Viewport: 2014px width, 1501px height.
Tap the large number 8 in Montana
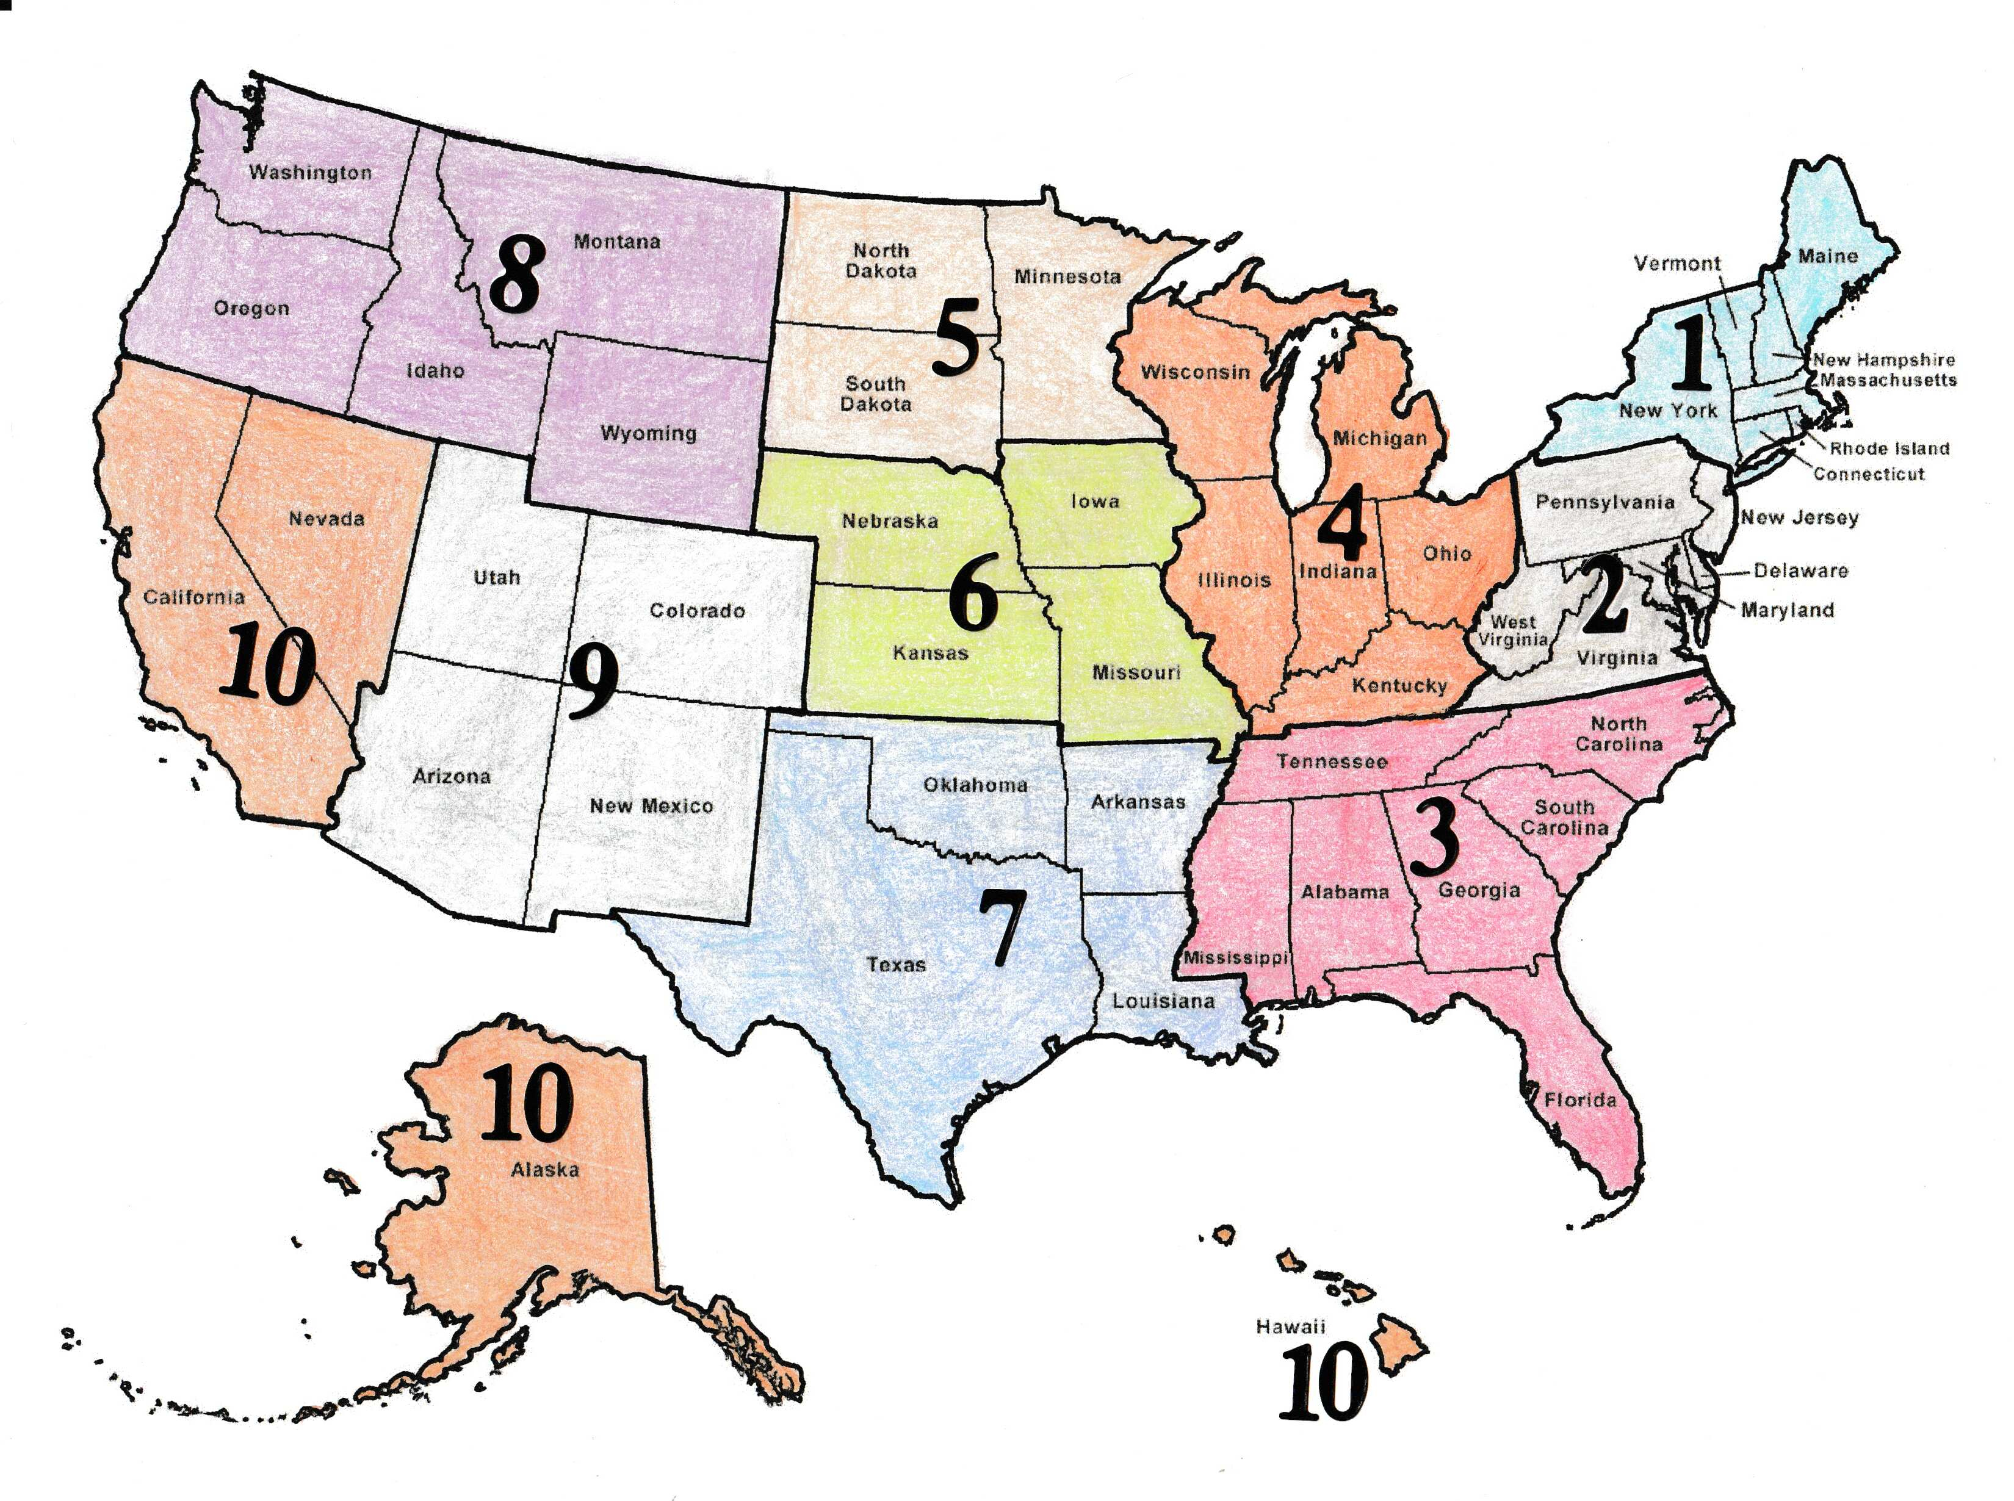click(x=515, y=273)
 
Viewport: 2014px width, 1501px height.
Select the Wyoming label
click(x=648, y=433)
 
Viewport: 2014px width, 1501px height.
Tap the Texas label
click(x=896, y=964)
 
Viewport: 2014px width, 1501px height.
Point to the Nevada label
click(x=327, y=519)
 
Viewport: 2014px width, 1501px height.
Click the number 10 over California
click(x=268, y=668)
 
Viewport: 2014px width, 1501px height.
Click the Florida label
click(x=1581, y=1100)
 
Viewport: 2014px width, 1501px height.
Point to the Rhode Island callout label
click(x=1889, y=448)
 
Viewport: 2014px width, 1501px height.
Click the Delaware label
click(x=1800, y=571)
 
